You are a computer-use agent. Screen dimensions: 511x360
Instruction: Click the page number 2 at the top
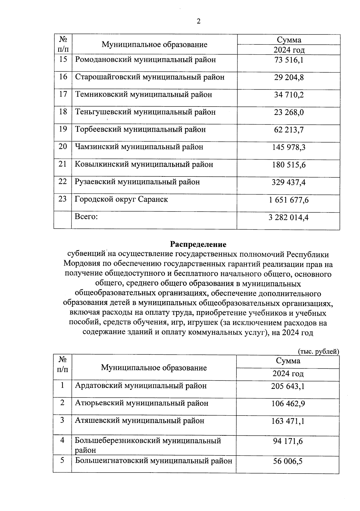pos(198,21)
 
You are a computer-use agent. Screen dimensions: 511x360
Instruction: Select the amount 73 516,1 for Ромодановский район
pos(289,60)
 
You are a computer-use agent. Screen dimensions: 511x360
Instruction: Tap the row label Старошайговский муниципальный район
pos(150,77)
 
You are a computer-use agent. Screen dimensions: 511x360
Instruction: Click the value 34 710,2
pos(289,95)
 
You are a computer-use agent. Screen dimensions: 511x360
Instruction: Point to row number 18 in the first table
pos(63,112)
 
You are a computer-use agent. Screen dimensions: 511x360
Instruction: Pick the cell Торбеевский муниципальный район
pos(140,130)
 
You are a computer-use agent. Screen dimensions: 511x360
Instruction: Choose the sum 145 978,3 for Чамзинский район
pos(289,147)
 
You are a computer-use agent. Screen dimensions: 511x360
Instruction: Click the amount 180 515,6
pos(289,165)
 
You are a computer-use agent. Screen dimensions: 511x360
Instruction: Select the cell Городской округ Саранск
pos(121,199)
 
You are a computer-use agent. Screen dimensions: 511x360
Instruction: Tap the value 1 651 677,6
pos(289,200)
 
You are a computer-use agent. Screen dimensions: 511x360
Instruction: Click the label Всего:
pos(86,217)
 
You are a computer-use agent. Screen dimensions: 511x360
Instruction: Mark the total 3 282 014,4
pos(289,217)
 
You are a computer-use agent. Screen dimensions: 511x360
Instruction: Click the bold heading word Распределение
pos(198,244)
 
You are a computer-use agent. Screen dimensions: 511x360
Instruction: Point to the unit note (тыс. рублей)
pos(318,351)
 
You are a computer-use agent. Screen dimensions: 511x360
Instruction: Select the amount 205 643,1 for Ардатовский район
pos(288,386)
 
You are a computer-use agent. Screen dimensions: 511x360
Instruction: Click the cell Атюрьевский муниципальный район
pos(142,403)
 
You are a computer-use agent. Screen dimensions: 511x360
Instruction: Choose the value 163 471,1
pos(288,421)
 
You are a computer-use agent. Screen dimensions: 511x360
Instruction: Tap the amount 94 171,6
pos(288,441)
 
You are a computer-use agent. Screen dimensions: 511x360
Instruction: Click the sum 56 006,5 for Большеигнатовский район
pos(288,461)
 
